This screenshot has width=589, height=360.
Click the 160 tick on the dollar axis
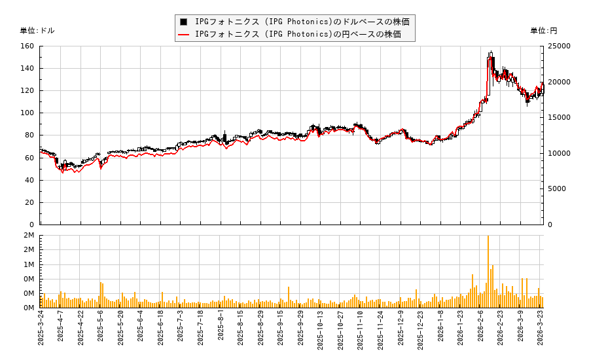coord(27,46)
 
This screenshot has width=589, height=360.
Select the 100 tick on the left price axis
coord(27,113)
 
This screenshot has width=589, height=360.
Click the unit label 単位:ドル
coord(37,31)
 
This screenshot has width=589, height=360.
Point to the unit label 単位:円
coord(543,31)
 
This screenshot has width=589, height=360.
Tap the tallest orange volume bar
coord(488,271)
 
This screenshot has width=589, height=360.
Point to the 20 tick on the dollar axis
coord(30,203)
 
